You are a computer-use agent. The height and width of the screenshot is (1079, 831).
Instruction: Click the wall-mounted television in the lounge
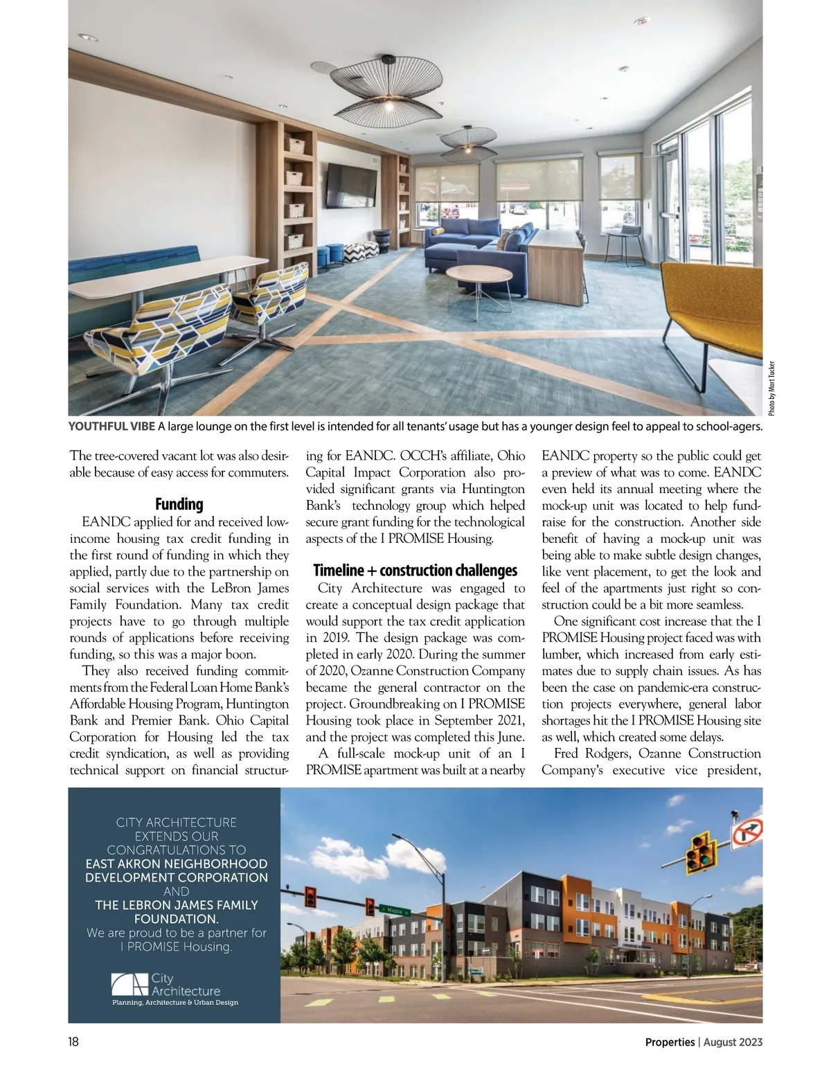(352, 185)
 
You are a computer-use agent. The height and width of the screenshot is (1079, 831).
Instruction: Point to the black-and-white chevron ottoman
(360, 251)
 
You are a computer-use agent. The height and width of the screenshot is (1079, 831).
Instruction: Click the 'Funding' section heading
(179, 503)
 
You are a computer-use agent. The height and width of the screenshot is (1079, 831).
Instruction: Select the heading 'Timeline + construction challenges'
(415, 570)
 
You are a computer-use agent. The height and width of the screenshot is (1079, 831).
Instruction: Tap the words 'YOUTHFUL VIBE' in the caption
(111, 426)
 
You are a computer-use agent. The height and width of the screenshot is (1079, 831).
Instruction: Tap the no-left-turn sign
(747, 831)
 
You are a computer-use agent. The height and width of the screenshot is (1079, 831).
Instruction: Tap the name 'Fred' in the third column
(568, 753)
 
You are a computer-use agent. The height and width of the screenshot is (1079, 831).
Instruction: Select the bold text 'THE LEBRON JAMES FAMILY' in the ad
(176, 904)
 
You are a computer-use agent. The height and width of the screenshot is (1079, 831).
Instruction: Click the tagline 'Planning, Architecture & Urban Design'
(175, 1002)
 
